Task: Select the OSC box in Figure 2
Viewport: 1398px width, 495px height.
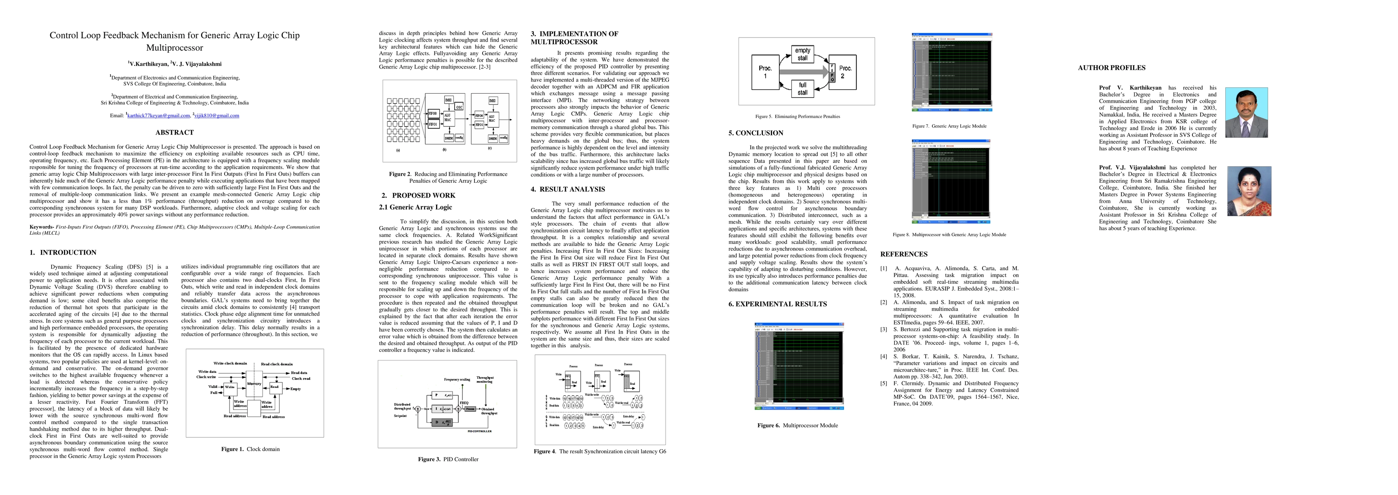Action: (x=459, y=107)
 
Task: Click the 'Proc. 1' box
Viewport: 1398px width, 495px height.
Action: (x=765, y=72)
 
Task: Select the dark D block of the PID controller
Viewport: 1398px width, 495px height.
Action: (x=444, y=422)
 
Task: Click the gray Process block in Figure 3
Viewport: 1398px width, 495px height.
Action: (x=470, y=409)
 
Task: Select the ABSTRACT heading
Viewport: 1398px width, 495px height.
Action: (x=174, y=132)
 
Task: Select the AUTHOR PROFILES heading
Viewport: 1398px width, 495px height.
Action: (x=1112, y=68)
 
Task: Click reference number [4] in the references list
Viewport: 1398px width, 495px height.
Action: (x=884, y=357)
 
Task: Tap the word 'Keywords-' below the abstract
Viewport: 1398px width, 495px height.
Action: (x=41, y=227)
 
